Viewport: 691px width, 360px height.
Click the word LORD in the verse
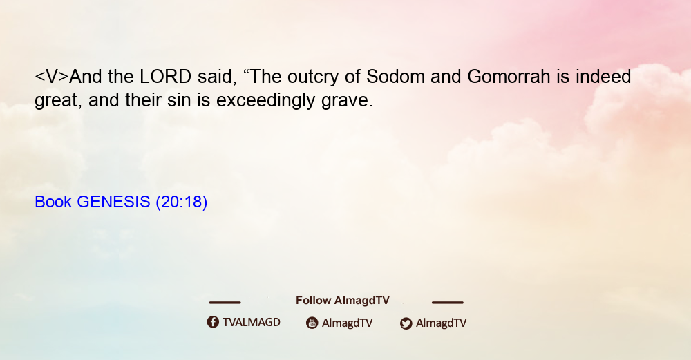click(165, 77)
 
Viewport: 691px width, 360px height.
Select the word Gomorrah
click(509, 77)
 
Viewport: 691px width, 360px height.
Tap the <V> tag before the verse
click(52, 77)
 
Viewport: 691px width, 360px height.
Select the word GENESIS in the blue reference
click(114, 202)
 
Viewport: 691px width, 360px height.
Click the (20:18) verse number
click(182, 202)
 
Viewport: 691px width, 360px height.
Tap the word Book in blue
click(53, 202)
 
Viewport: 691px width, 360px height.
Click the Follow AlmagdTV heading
click(343, 301)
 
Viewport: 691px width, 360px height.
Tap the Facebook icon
click(213, 322)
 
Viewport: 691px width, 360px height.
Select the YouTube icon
click(312, 323)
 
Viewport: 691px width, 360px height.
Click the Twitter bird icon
click(406, 323)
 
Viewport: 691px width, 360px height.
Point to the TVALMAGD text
click(252, 322)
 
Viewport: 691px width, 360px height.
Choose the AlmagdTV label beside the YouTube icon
click(348, 323)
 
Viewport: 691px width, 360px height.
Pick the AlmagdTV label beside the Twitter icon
click(441, 323)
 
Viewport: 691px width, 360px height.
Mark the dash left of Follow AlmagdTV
click(225, 302)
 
